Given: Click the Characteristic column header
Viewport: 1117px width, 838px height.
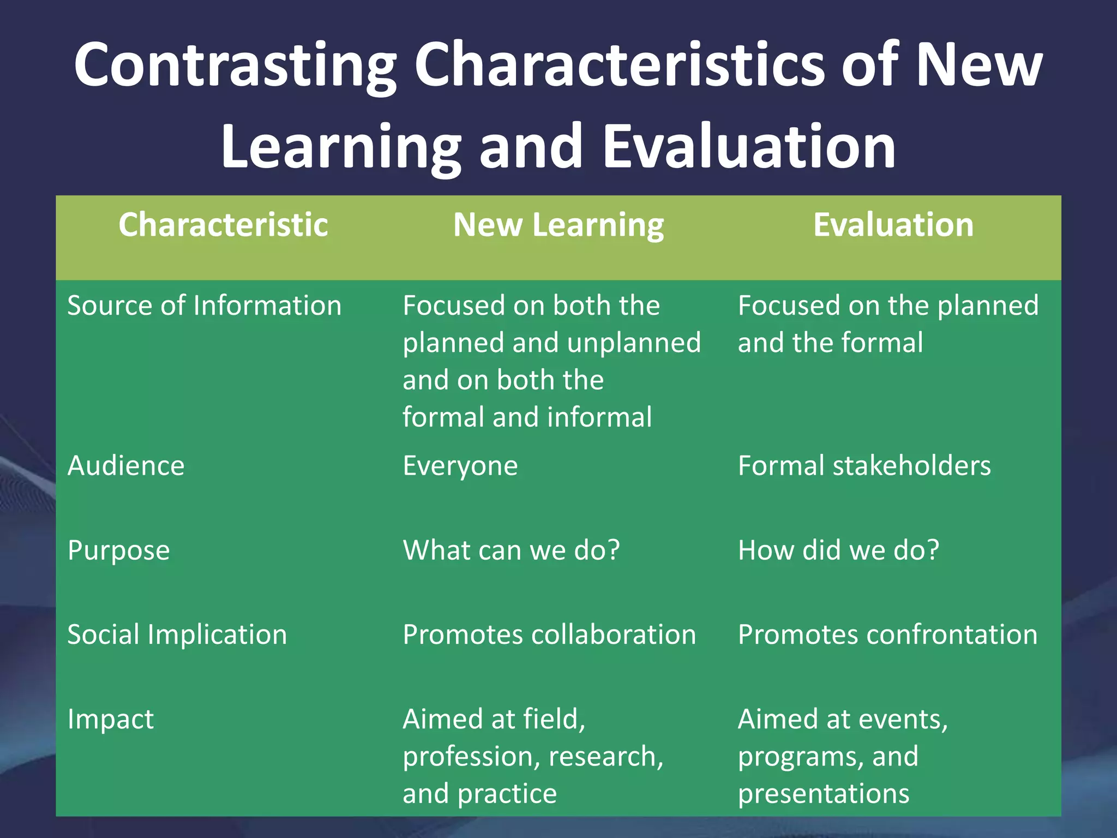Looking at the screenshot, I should tap(223, 225).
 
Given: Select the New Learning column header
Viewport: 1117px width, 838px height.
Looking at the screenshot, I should tap(558, 225).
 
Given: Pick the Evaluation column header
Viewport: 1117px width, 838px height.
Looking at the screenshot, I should tap(893, 225).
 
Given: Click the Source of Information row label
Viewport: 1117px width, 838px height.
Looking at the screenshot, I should tap(204, 306).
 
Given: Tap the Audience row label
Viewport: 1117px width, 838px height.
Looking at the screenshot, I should tap(126, 466).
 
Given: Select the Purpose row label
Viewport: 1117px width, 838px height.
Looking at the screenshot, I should tap(118, 550).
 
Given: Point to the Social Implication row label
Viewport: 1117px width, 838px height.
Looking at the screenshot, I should tap(177, 635).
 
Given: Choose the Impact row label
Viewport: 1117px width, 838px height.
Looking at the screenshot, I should tap(110, 719).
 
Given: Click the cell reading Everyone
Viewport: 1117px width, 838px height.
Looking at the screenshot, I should tap(460, 466).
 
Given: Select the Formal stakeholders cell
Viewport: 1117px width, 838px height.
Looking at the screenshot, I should tap(864, 466).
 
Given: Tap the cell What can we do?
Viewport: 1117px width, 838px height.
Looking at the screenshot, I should tap(511, 550).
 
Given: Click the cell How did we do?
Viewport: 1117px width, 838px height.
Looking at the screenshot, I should tap(838, 550).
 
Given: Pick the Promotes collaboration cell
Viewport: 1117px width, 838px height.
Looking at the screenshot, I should tap(549, 635).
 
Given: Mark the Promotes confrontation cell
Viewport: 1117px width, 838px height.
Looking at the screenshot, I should tap(887, 635).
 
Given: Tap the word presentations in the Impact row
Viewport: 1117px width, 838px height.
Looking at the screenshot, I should tap(824, 794).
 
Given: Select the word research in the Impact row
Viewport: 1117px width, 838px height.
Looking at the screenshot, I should tap(605, 757).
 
